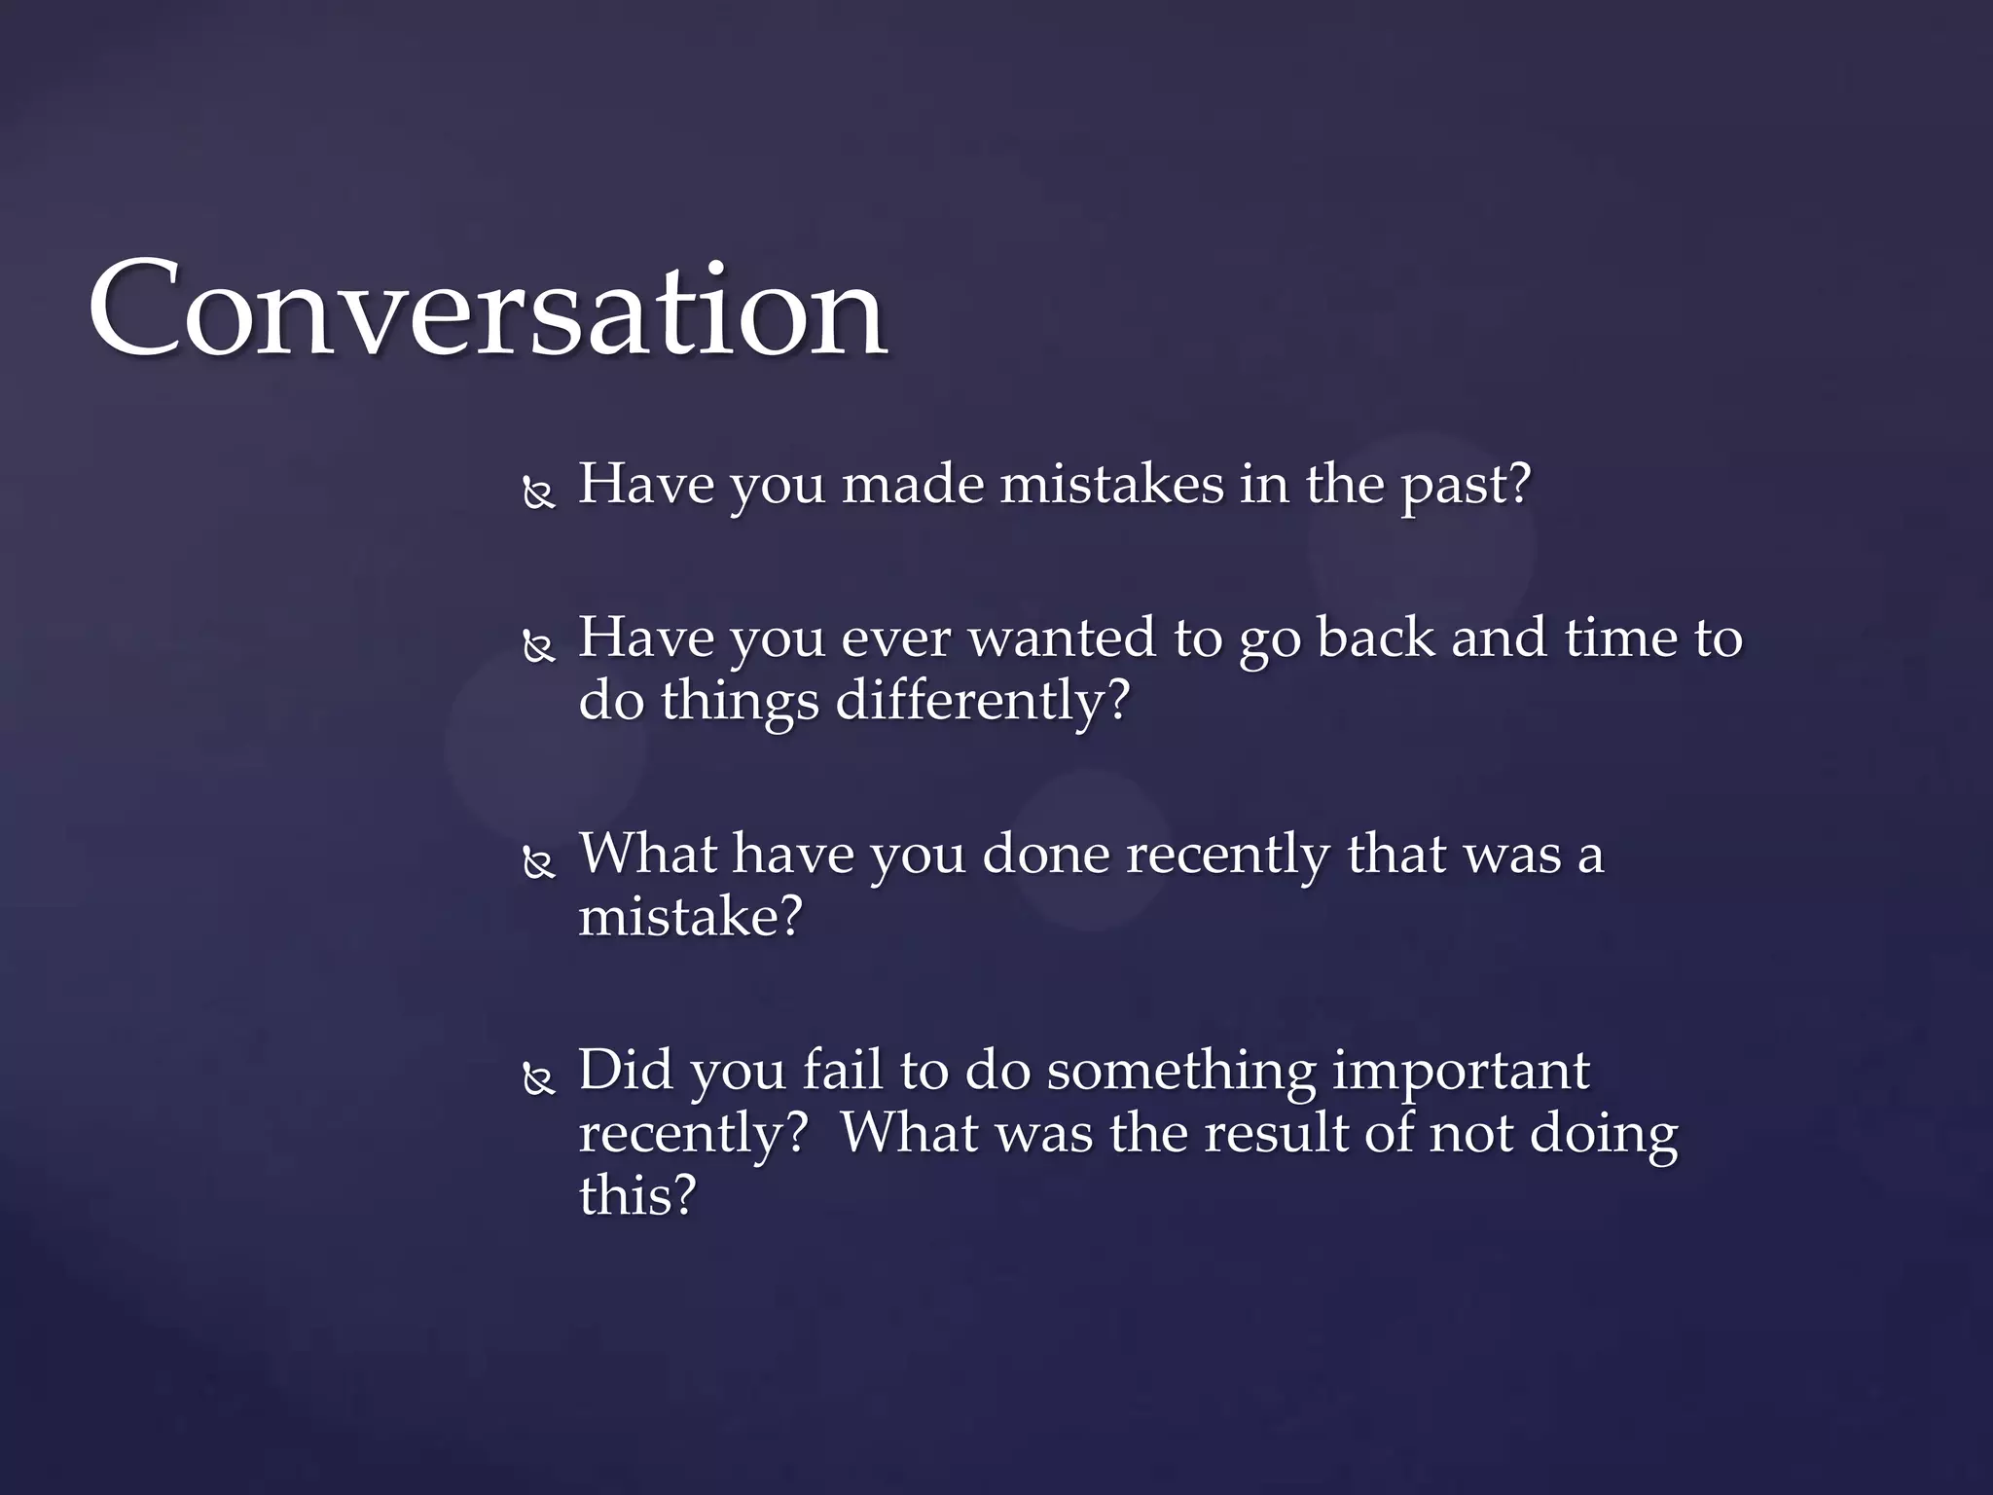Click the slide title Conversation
pos(487,310)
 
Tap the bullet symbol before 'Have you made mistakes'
pos(538,493)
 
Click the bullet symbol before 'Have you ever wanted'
pos(538,646)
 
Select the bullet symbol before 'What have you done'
pos(538,862)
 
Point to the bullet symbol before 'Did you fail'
pos(538,1078)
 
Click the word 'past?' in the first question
pos(1466,487)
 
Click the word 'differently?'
pos(983,701)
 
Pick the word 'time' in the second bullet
pos(1621,638)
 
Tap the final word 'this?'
pos(637,1195)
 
